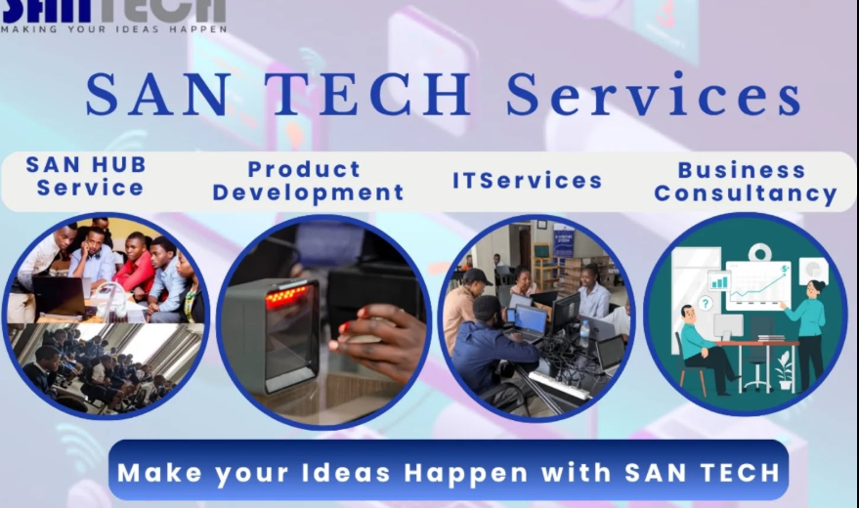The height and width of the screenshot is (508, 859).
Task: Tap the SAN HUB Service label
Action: coord(87,176)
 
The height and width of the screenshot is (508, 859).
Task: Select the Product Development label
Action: coord(308,181)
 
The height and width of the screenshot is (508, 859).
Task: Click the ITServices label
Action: coord(527,181)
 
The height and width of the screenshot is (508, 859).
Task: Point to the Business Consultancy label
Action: coord(745,183)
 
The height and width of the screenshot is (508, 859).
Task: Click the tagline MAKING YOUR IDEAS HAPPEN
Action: coord(114,29)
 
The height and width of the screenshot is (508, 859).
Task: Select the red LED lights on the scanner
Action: coord(285,296)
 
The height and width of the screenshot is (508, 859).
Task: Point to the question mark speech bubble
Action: coord(705,303)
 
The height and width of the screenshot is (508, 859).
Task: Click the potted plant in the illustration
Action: coord(784,370)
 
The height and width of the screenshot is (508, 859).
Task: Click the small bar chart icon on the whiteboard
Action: coord(718,280)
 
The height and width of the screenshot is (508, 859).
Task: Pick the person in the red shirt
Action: coord(134,268)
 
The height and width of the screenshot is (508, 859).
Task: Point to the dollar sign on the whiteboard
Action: coord(785,269)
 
